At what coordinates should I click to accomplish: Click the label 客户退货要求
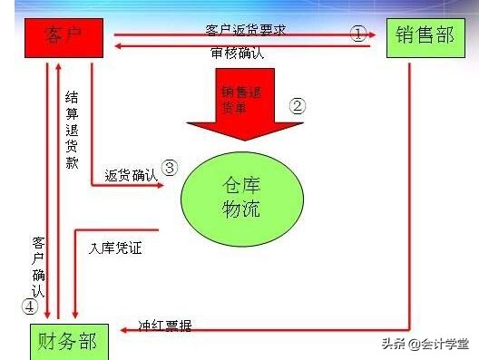pyautogui.click(x=246, y=30)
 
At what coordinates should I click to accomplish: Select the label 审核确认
pyautogui.click(x=237, y=54)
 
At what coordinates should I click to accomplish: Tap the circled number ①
pyautogui.click(x=358, y=34)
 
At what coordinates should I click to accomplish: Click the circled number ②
pyautogui.click(x=298, y=104)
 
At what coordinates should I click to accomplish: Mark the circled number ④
pyautogui.click(x=29, y=306)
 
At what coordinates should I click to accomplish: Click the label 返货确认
pyautogui.click(x=131, y=174)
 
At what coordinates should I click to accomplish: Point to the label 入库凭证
pyautogui.click(x=116, y=246)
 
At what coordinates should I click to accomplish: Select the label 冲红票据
pyautogui.click(x=164, y=324)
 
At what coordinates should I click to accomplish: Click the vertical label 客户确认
pyautogui.click(x=38, y=267)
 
